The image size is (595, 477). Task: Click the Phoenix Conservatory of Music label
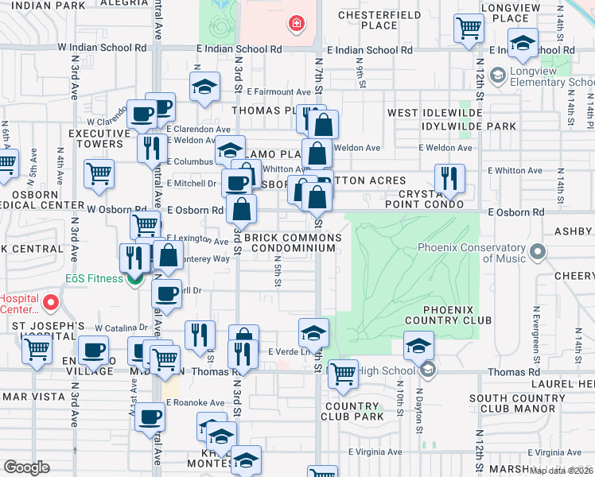pyautogui.click(x=474, y=252)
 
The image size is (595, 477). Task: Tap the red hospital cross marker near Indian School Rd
pyautogui.click(x=297, y=25)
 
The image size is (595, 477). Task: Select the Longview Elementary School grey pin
pyautogui.click(x=499, y=76)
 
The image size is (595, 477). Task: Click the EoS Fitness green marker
pyautogui.click(x=135, y=278)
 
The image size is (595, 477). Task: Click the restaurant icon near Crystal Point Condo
pyautogui.click(x=450, y=179)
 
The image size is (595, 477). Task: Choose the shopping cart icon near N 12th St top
pyautogui.click(x=469, y=29)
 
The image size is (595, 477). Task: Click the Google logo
pyautogui.click(x=27, y=467)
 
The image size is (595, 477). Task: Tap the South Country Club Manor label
pyautogui.click(x=511, y=403)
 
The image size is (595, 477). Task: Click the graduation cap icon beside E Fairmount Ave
pyautogui.click(x=204, y=87)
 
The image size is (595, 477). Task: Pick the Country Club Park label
pyautogui.click(x=354, y=411)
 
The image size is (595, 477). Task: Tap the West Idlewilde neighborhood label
pyautogui.click(x=430, y=114)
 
